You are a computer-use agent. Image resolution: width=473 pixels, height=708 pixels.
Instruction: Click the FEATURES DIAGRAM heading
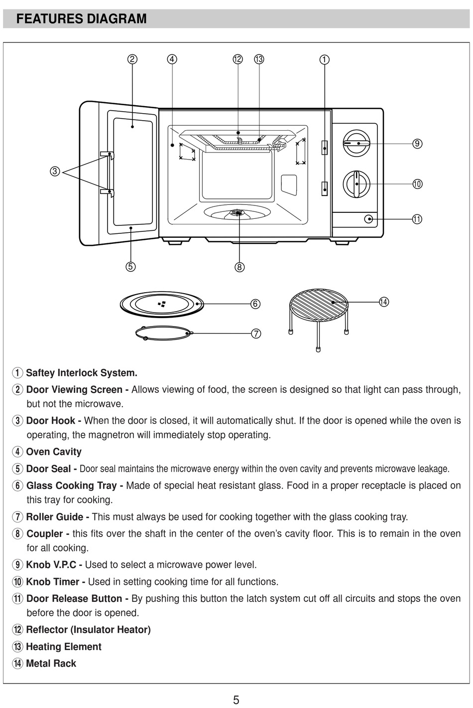point(81,19)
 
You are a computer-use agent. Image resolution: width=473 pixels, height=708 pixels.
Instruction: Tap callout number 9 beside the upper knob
point(417,144)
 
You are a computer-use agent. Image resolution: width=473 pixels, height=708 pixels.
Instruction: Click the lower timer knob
point(356,183)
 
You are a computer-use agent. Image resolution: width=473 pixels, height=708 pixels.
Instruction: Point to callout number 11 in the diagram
point(417,219)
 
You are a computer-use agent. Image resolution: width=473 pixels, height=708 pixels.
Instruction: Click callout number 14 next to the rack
point(383,302)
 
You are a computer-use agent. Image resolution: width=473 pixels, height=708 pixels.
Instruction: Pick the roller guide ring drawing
point(163,333)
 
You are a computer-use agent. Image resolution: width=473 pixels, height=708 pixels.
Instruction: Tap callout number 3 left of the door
point(55,171)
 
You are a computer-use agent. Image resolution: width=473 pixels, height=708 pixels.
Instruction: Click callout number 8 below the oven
point(239,267)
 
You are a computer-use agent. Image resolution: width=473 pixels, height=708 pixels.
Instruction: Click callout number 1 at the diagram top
point(324,59)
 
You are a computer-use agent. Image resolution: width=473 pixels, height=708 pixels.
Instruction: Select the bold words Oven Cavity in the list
point(53,452)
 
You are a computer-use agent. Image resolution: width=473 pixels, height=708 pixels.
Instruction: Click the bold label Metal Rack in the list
point(51,663)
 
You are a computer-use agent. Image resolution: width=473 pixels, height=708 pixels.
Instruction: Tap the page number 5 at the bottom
point(236,700)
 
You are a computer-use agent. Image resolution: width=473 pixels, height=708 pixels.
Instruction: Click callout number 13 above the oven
point(259,59)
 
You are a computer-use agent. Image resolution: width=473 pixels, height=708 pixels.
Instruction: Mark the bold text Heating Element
point(63,647)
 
